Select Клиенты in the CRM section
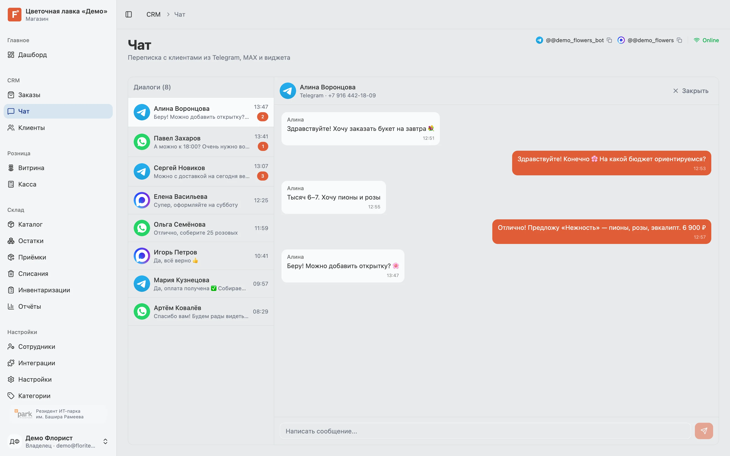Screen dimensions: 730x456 click(31, 128)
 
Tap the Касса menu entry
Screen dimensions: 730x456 click(27, 184)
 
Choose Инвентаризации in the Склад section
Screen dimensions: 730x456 click(44, 290)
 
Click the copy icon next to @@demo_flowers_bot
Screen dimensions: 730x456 click(609, 40)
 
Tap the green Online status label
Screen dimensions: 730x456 click(710, 40)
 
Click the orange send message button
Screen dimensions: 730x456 click(704, 431)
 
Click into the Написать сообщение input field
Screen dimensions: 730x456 click(485, 431)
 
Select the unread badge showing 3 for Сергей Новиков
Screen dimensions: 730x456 click(262, 176)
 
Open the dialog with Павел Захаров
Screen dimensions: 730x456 click(201, 142)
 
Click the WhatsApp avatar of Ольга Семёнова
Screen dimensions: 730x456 click(142, 228)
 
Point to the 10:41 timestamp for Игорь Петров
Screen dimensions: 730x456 click(261, 256)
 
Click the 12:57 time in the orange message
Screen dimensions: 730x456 click(699, 237)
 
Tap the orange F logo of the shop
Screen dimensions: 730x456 click(14, 14)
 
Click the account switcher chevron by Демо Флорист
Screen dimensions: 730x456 click(105, 442)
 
